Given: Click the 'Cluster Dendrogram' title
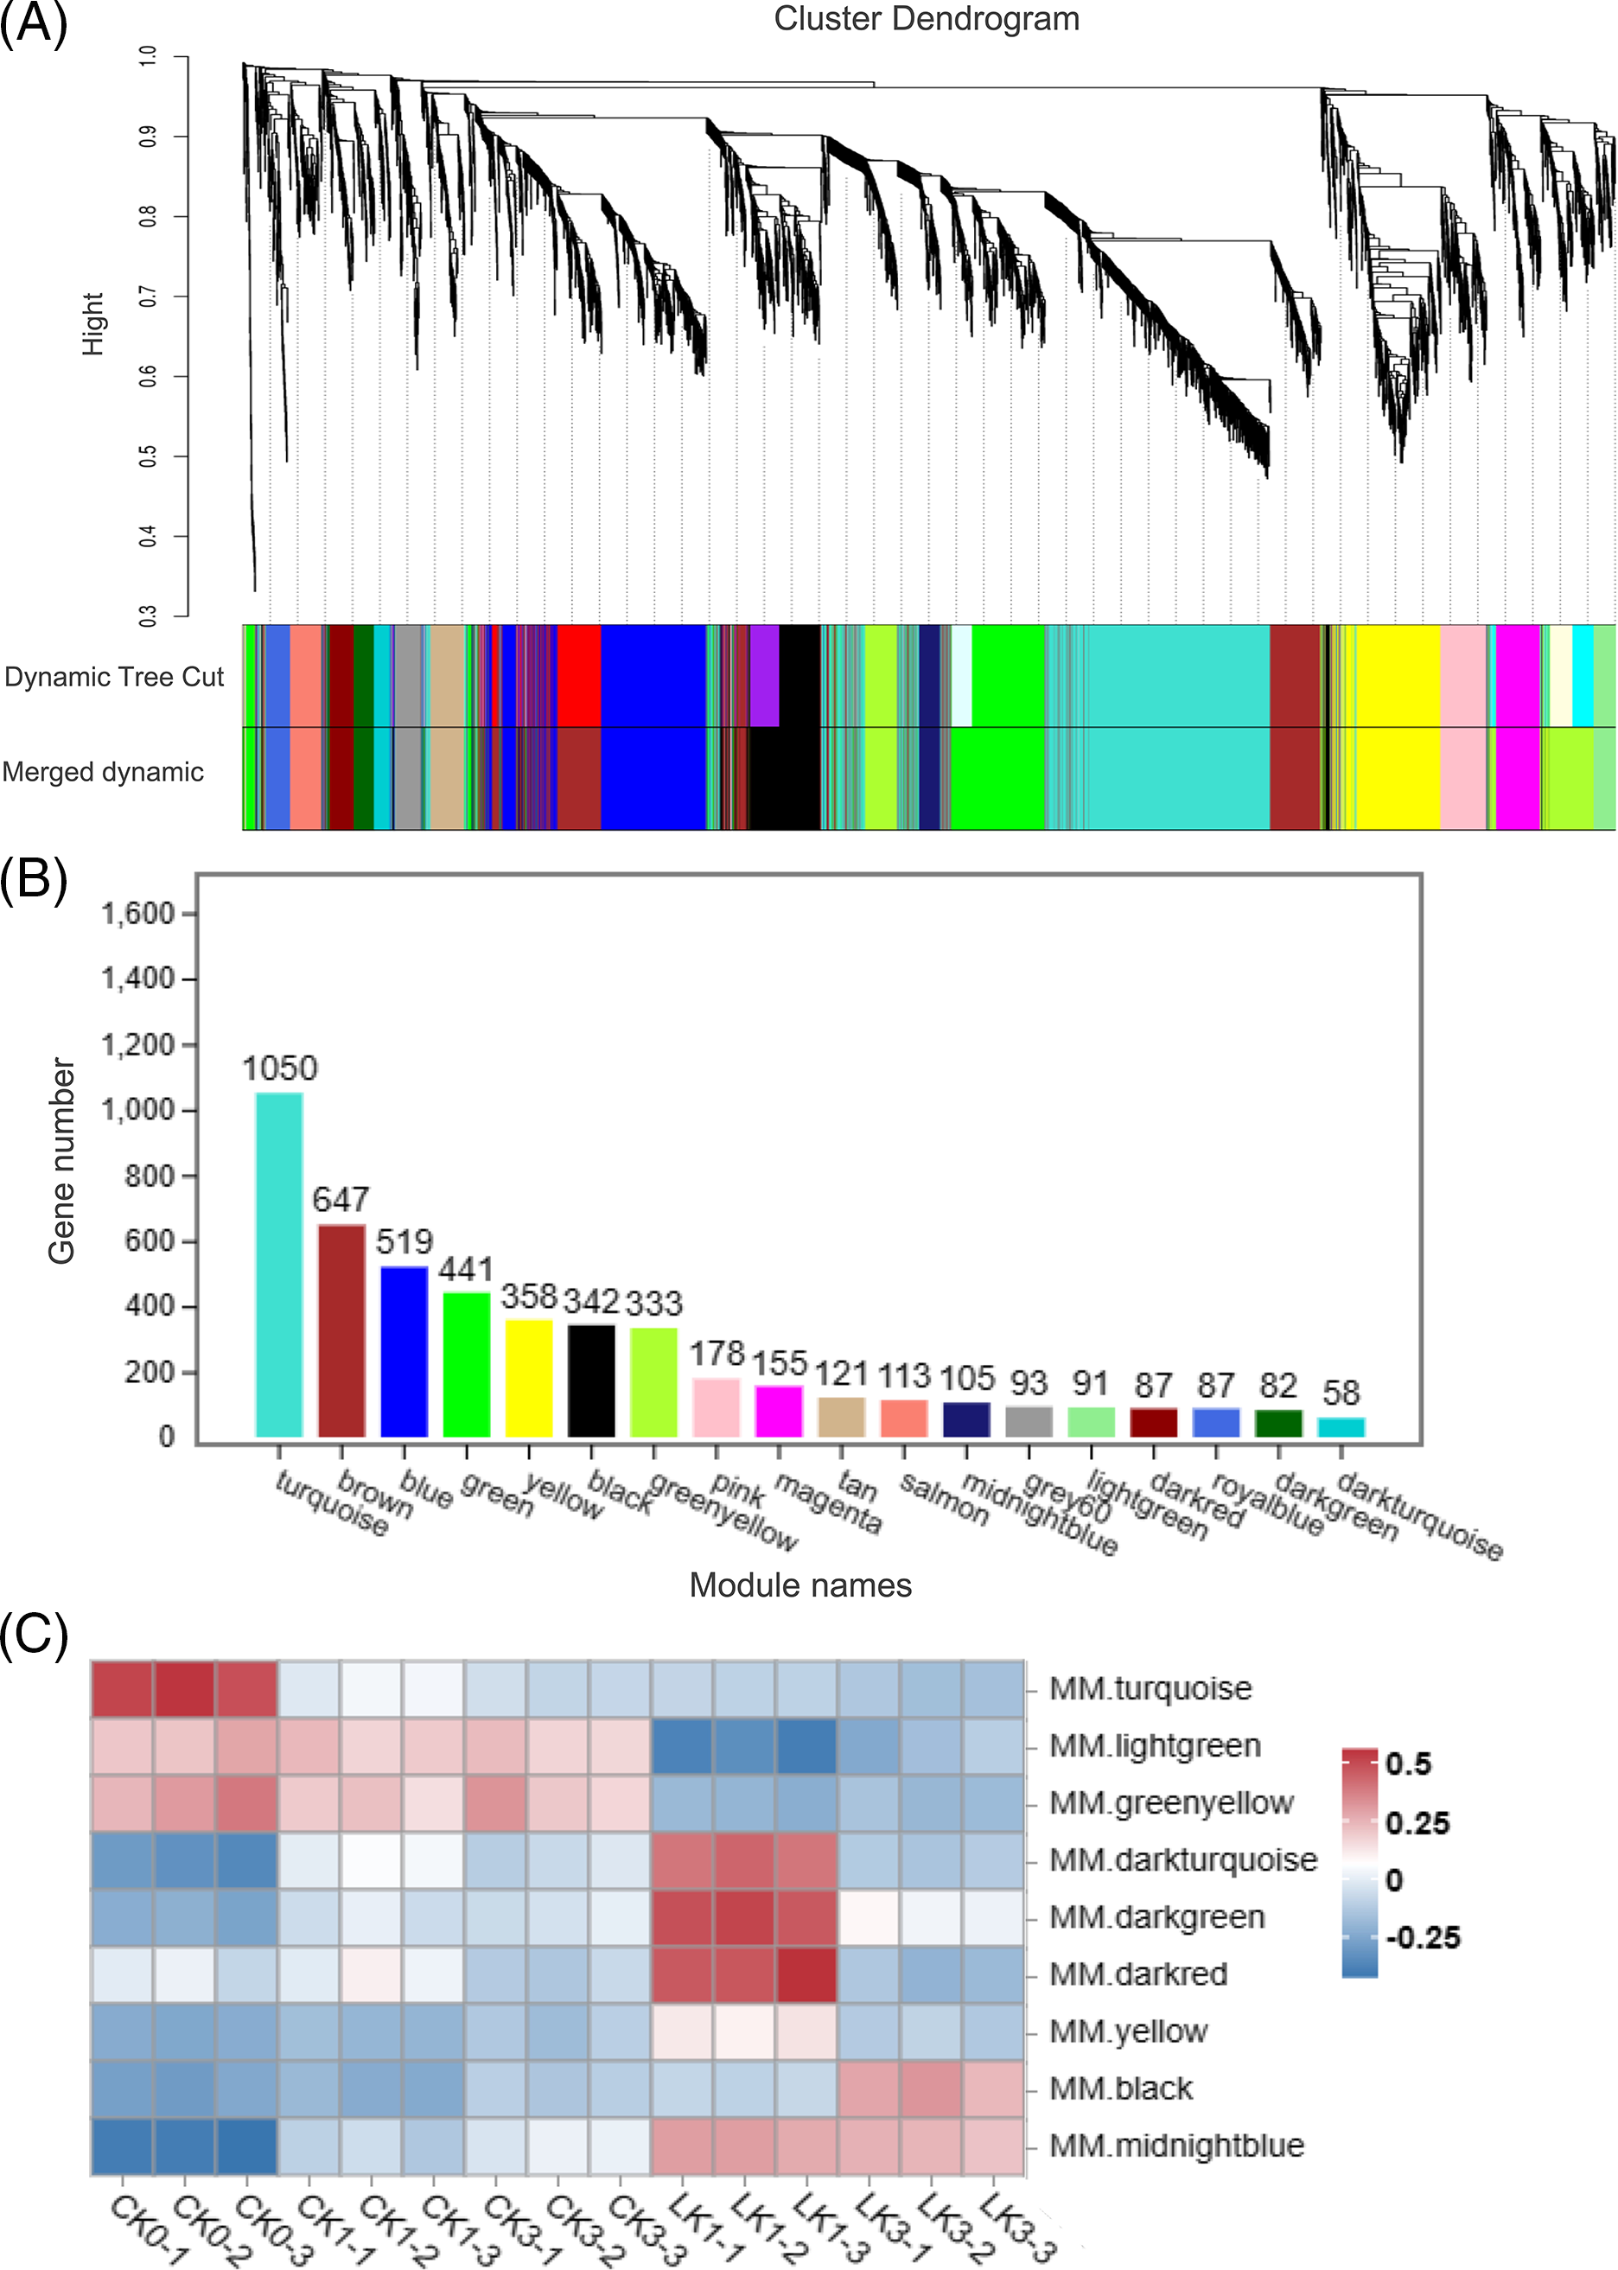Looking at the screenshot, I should point(926,19).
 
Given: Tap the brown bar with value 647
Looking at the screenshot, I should point(341,1329).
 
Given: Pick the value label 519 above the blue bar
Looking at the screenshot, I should point(404,1240).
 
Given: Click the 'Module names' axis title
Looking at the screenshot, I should point(800,1585).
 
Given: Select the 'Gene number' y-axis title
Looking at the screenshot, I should point(61,1161).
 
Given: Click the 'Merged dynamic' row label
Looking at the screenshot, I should point(103,772).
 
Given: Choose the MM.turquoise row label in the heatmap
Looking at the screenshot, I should point(1150,1688).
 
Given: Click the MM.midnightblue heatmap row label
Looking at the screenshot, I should point(1176,2146).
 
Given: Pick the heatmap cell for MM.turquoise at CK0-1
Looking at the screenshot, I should point(122,1689).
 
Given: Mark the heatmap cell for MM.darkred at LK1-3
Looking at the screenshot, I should point(806,1974).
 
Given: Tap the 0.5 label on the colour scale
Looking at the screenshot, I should point(1408,1763).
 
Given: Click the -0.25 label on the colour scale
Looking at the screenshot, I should point(1421,1938).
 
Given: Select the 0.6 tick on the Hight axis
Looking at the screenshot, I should point(148,376).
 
